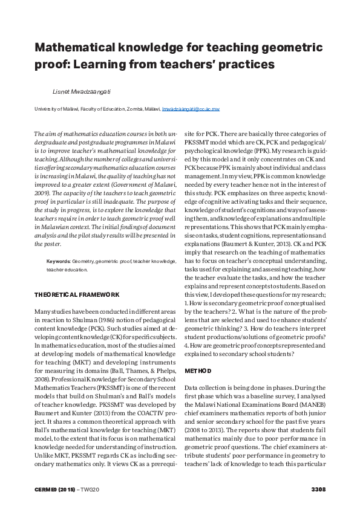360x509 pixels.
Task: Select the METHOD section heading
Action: click(198, 369)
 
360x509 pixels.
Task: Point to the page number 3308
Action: click(318, 488)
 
